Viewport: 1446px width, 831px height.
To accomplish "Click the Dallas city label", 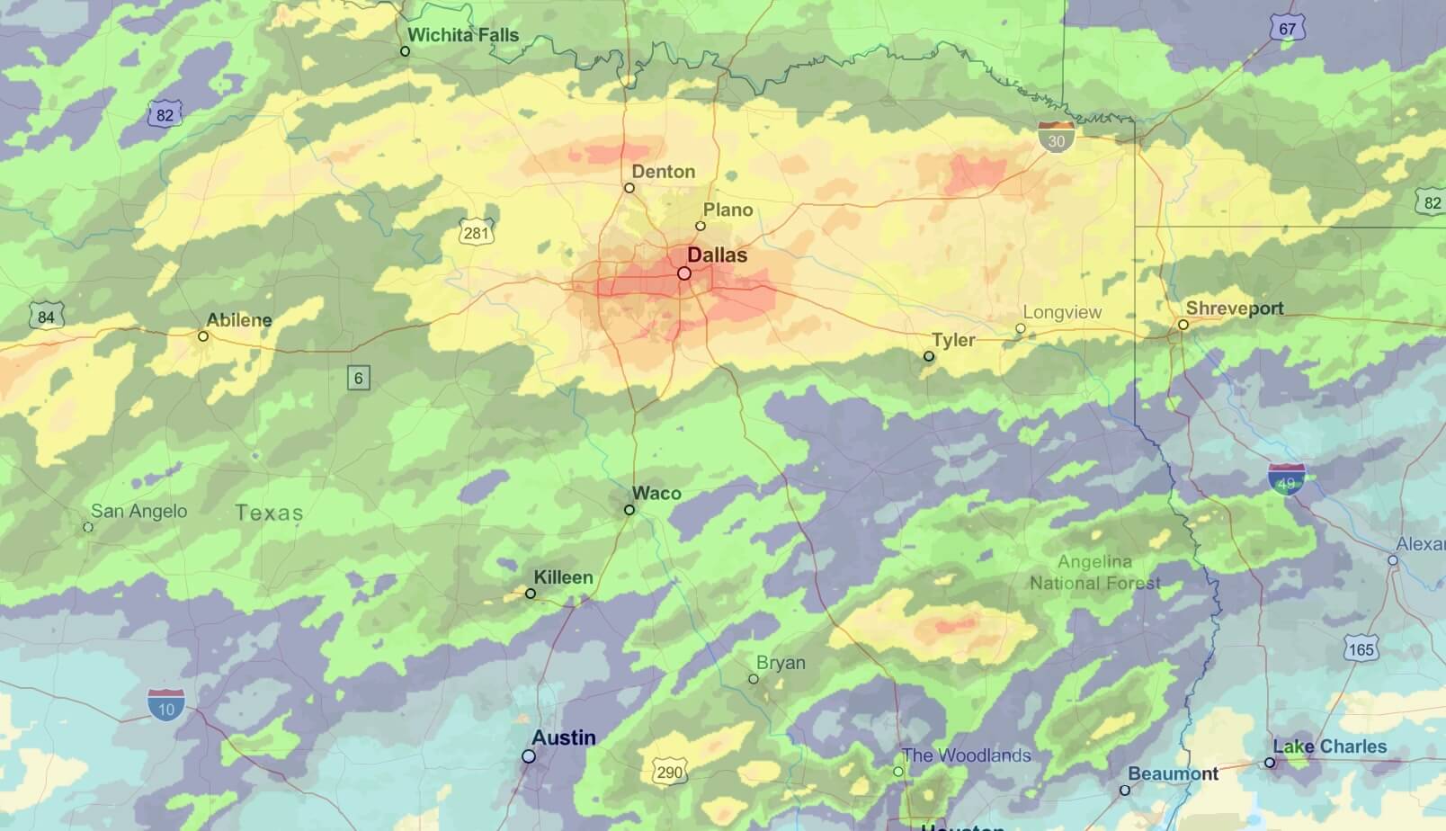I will (717, 255).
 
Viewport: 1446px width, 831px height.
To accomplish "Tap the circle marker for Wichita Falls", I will (405, 51).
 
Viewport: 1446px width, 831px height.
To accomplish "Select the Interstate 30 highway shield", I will (1056, 138).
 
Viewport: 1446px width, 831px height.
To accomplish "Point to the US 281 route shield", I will (476, 232).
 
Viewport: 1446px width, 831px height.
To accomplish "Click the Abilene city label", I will (238, 320).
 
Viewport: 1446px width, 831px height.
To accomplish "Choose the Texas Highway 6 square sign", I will (358, 378).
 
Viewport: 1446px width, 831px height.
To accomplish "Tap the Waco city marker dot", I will (629, 510).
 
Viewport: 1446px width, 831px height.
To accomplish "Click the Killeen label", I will (563, 577).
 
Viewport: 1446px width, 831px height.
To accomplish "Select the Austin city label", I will (563, 737).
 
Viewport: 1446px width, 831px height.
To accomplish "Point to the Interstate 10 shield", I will (166, 706).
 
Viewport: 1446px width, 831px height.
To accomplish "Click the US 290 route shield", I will (669, 771).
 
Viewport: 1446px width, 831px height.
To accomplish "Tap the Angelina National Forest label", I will (1094, 572).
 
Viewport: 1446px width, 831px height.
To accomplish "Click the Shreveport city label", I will (1234, 308).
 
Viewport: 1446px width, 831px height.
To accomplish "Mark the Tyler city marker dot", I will (929, 357).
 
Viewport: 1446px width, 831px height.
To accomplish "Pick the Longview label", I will (1062, 312).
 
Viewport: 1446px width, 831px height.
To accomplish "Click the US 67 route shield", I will (1287, 28).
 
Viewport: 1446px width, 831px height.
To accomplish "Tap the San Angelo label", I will (138, 511).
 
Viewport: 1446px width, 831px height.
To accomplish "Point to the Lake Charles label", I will (1329, 746).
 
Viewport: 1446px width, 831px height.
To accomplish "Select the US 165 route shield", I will (1361, 648).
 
